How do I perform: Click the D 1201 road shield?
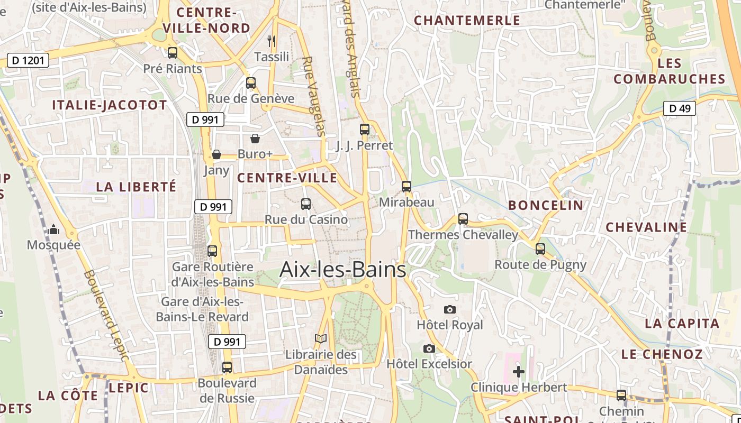(28, 60)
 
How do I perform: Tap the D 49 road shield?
(680, 108)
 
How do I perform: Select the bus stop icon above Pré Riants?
(173, 53)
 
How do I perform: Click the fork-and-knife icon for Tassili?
(272, 41)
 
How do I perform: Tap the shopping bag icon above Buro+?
(255, 139)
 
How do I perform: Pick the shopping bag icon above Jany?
(216, 154)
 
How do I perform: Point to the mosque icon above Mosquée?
(53, 229)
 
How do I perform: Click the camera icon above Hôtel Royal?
(450, 309)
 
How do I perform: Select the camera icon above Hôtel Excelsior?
(429, 348)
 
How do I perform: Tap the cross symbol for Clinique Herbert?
(519, 372)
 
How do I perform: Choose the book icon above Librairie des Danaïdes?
(321, 338)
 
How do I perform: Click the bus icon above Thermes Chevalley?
(463, 218)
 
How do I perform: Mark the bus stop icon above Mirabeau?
(406, 186)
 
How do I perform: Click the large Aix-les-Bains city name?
(342, 269)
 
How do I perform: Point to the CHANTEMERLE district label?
(467, 21)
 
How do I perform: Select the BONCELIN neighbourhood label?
(545, 205)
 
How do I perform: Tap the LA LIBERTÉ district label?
(136, 187)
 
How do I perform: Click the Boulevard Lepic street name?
(106, 315)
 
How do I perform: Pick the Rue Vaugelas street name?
(313, 96)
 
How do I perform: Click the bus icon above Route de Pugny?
(540, 249)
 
